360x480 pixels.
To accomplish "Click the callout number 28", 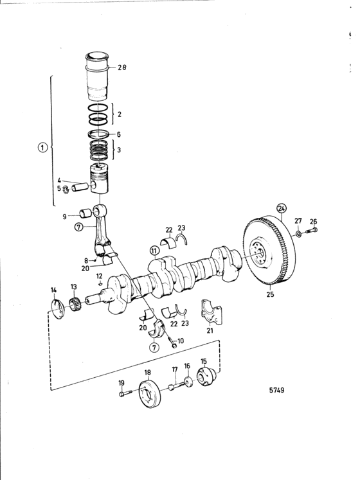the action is [x=122, y=67].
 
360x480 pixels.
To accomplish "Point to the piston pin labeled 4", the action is [x=80, y=187].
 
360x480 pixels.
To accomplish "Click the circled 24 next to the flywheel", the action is [x=282, y=208].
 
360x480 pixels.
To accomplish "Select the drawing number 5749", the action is [x=276, y=390].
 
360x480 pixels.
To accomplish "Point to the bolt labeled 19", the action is [x=125, y=393].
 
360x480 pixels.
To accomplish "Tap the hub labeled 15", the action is [x=207, y=377].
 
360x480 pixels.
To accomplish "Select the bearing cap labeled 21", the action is [x=211, y=312].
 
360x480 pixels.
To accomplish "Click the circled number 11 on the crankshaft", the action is [x=155, y=252].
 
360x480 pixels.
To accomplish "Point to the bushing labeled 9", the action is [x=85, y=213].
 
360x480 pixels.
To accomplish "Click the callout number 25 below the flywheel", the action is [x=270, y=294].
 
